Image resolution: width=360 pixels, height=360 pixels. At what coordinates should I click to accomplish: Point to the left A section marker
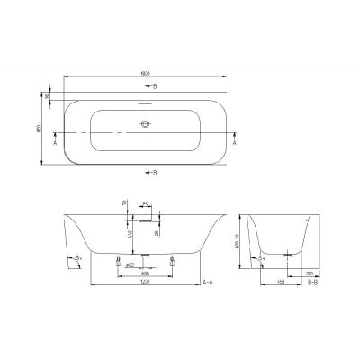coord(56,142)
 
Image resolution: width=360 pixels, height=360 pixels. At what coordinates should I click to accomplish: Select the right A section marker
coord(236,142)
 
